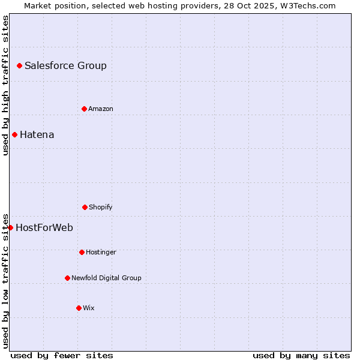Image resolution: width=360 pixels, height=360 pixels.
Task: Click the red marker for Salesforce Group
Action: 19,65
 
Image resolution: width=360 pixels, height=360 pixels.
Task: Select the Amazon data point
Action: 84,109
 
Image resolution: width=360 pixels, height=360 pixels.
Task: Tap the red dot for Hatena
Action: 14,134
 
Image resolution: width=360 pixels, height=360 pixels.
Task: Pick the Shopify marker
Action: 85,207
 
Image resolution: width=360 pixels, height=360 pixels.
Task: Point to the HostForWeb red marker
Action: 10,227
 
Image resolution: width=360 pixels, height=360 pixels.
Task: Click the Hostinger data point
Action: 82,252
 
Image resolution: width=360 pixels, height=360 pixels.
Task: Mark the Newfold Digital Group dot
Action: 67,278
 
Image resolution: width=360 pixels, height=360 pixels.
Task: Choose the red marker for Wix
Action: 79,308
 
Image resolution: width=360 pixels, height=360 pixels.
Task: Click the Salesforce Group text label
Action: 65,66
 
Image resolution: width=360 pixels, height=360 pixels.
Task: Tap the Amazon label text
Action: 101,109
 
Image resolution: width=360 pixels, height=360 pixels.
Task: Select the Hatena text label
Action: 37,135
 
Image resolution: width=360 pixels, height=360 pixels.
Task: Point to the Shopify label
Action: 101,208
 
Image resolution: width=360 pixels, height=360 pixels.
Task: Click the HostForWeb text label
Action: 44,228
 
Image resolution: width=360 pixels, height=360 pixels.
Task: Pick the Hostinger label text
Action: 101,253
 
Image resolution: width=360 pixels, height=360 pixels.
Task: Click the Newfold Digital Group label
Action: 106,278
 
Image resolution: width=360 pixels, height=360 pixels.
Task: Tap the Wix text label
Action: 89,308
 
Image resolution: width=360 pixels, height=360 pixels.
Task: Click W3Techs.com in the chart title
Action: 307,5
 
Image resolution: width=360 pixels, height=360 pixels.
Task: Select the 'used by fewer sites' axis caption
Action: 62,355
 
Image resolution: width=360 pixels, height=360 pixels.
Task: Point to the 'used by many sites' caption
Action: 301,355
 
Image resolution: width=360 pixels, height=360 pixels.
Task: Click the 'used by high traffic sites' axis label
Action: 6,85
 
